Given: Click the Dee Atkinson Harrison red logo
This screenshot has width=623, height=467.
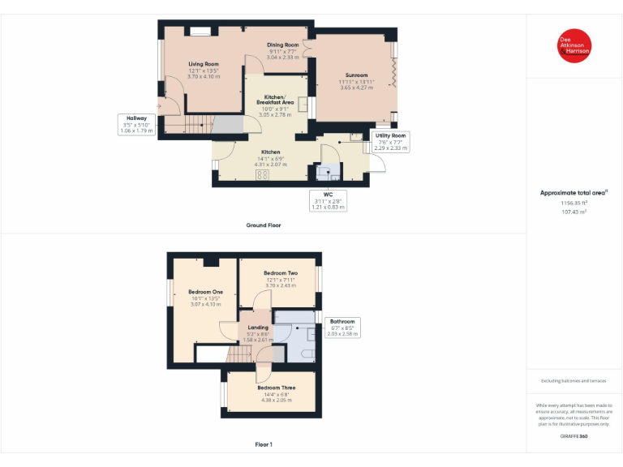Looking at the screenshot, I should coord(574,46).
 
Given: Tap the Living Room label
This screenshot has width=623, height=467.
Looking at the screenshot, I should coord(204,64).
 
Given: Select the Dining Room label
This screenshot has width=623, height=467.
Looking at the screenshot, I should coord(283,45).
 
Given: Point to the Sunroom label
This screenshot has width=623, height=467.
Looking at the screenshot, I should coord(356,75).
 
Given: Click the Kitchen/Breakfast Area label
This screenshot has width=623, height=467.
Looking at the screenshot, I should coord(275,100).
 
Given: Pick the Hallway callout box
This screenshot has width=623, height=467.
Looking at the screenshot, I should coord(135,124).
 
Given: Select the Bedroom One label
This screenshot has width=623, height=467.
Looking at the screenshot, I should coord(205,292).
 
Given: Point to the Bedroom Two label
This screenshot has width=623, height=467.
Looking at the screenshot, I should coord(281,273).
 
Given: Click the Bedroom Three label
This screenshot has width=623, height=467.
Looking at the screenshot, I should coord(277,388).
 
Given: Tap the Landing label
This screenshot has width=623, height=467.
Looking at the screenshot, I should coord(258,328).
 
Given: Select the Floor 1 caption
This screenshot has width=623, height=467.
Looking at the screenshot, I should coord(264,444).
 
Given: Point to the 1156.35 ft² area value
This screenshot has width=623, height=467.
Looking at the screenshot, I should coord(574,204).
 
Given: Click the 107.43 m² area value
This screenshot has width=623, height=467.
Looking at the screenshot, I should coord(574,212).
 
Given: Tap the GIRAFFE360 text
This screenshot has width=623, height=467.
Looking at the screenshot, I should coord(574,437).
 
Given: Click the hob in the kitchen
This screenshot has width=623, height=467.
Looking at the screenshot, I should coord(264,175).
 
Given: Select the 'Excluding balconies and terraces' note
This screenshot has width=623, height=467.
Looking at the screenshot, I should coord(574,380).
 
